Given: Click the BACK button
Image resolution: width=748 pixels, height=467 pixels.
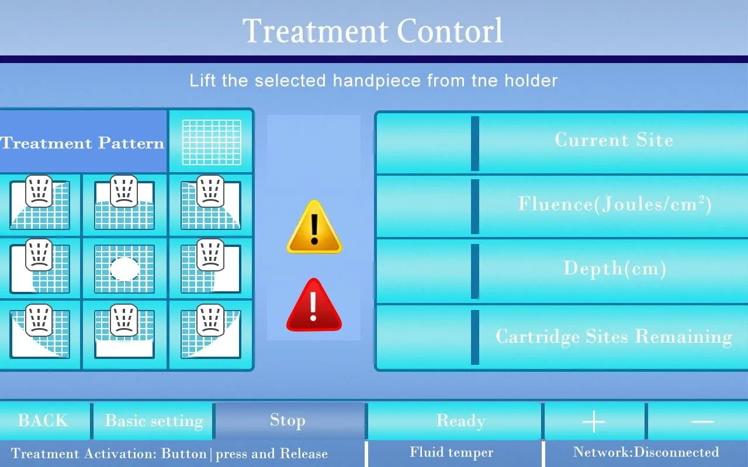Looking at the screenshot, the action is point(43,421).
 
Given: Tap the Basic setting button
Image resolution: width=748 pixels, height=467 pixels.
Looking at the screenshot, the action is point(154,421).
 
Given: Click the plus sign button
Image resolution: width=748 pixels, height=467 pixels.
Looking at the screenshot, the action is point(594,421).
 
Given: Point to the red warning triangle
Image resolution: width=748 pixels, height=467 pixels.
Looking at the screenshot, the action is point(314,305).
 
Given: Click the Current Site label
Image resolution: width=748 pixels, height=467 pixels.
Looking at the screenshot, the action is point(614,140).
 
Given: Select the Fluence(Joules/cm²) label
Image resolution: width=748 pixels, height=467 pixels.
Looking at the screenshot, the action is point(614,204).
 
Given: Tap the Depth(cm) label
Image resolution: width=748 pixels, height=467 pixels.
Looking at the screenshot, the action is point(614,268).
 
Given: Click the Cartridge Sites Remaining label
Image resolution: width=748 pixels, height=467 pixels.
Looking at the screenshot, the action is point(614,336).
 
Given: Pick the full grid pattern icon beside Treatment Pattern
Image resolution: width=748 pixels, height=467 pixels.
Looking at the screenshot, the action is point(212,142).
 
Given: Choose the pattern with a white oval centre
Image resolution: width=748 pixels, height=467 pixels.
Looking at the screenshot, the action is point(124,269).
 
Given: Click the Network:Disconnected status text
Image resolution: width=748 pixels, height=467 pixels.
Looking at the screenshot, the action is point(646,452).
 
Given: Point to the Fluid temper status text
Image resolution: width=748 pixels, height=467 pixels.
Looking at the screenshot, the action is point(452,452).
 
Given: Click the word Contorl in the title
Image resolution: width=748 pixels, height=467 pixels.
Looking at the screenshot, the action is point(449,31).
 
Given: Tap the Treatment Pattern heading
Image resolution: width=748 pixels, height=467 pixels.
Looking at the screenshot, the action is point(82,144).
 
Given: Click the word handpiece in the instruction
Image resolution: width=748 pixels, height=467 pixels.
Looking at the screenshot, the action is point(377,81).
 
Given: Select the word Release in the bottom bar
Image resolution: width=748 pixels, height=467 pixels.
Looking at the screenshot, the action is point(304,454).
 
